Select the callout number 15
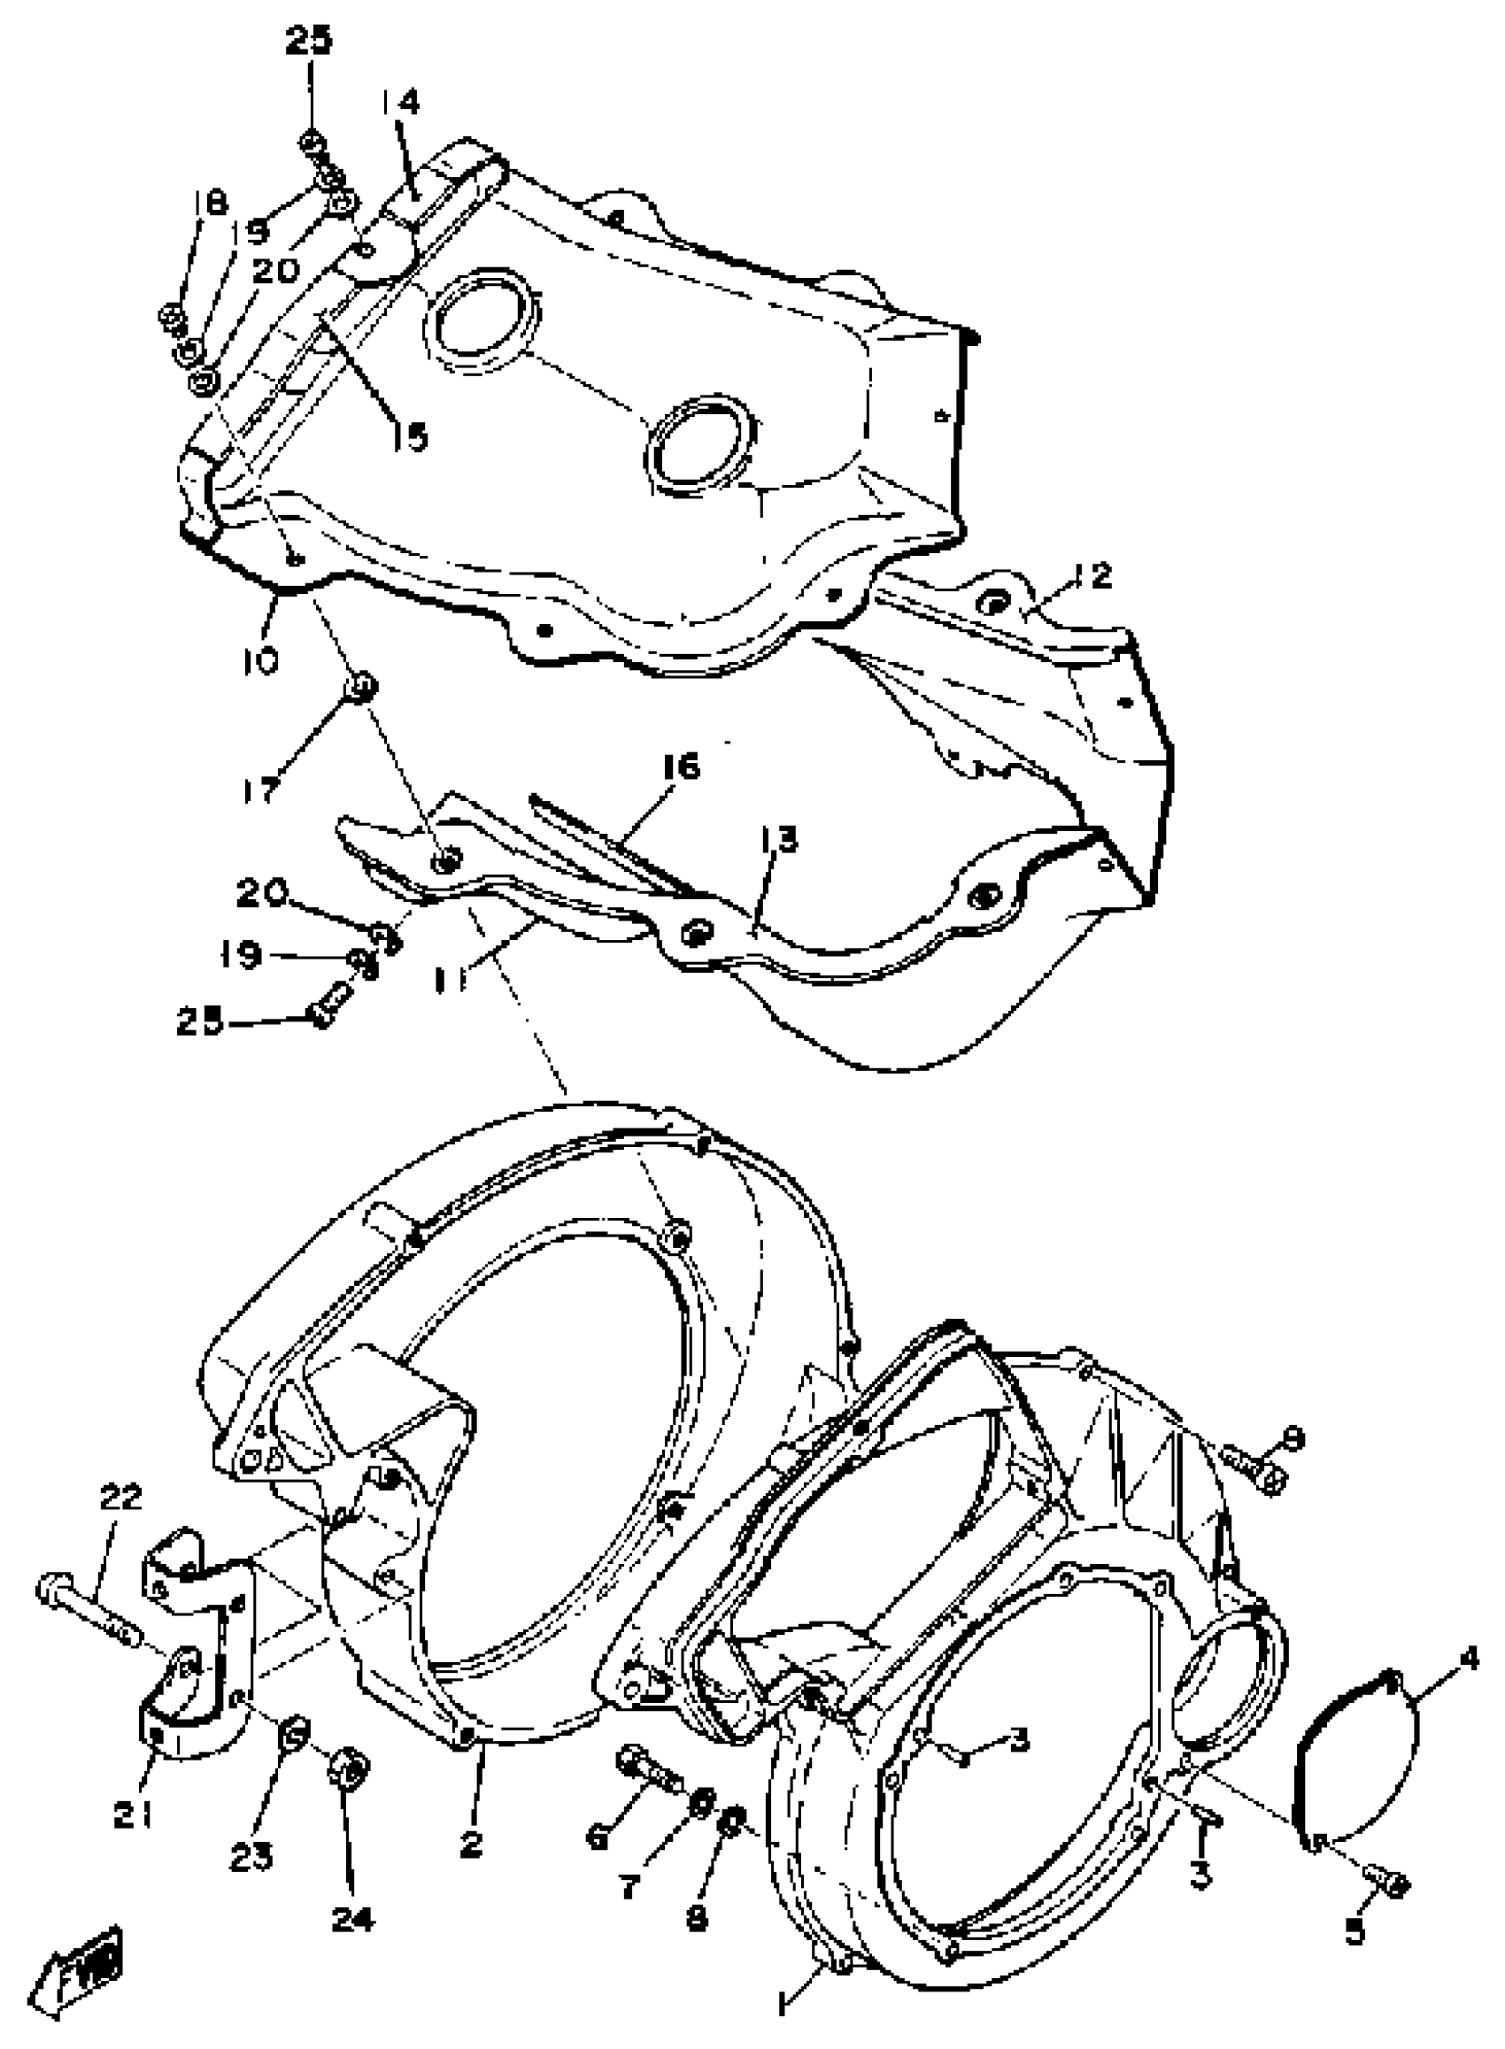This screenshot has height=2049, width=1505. pyautogui.click(x=410, y=437)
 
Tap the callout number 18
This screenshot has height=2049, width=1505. pyautogui.click(x=211, y=202)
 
